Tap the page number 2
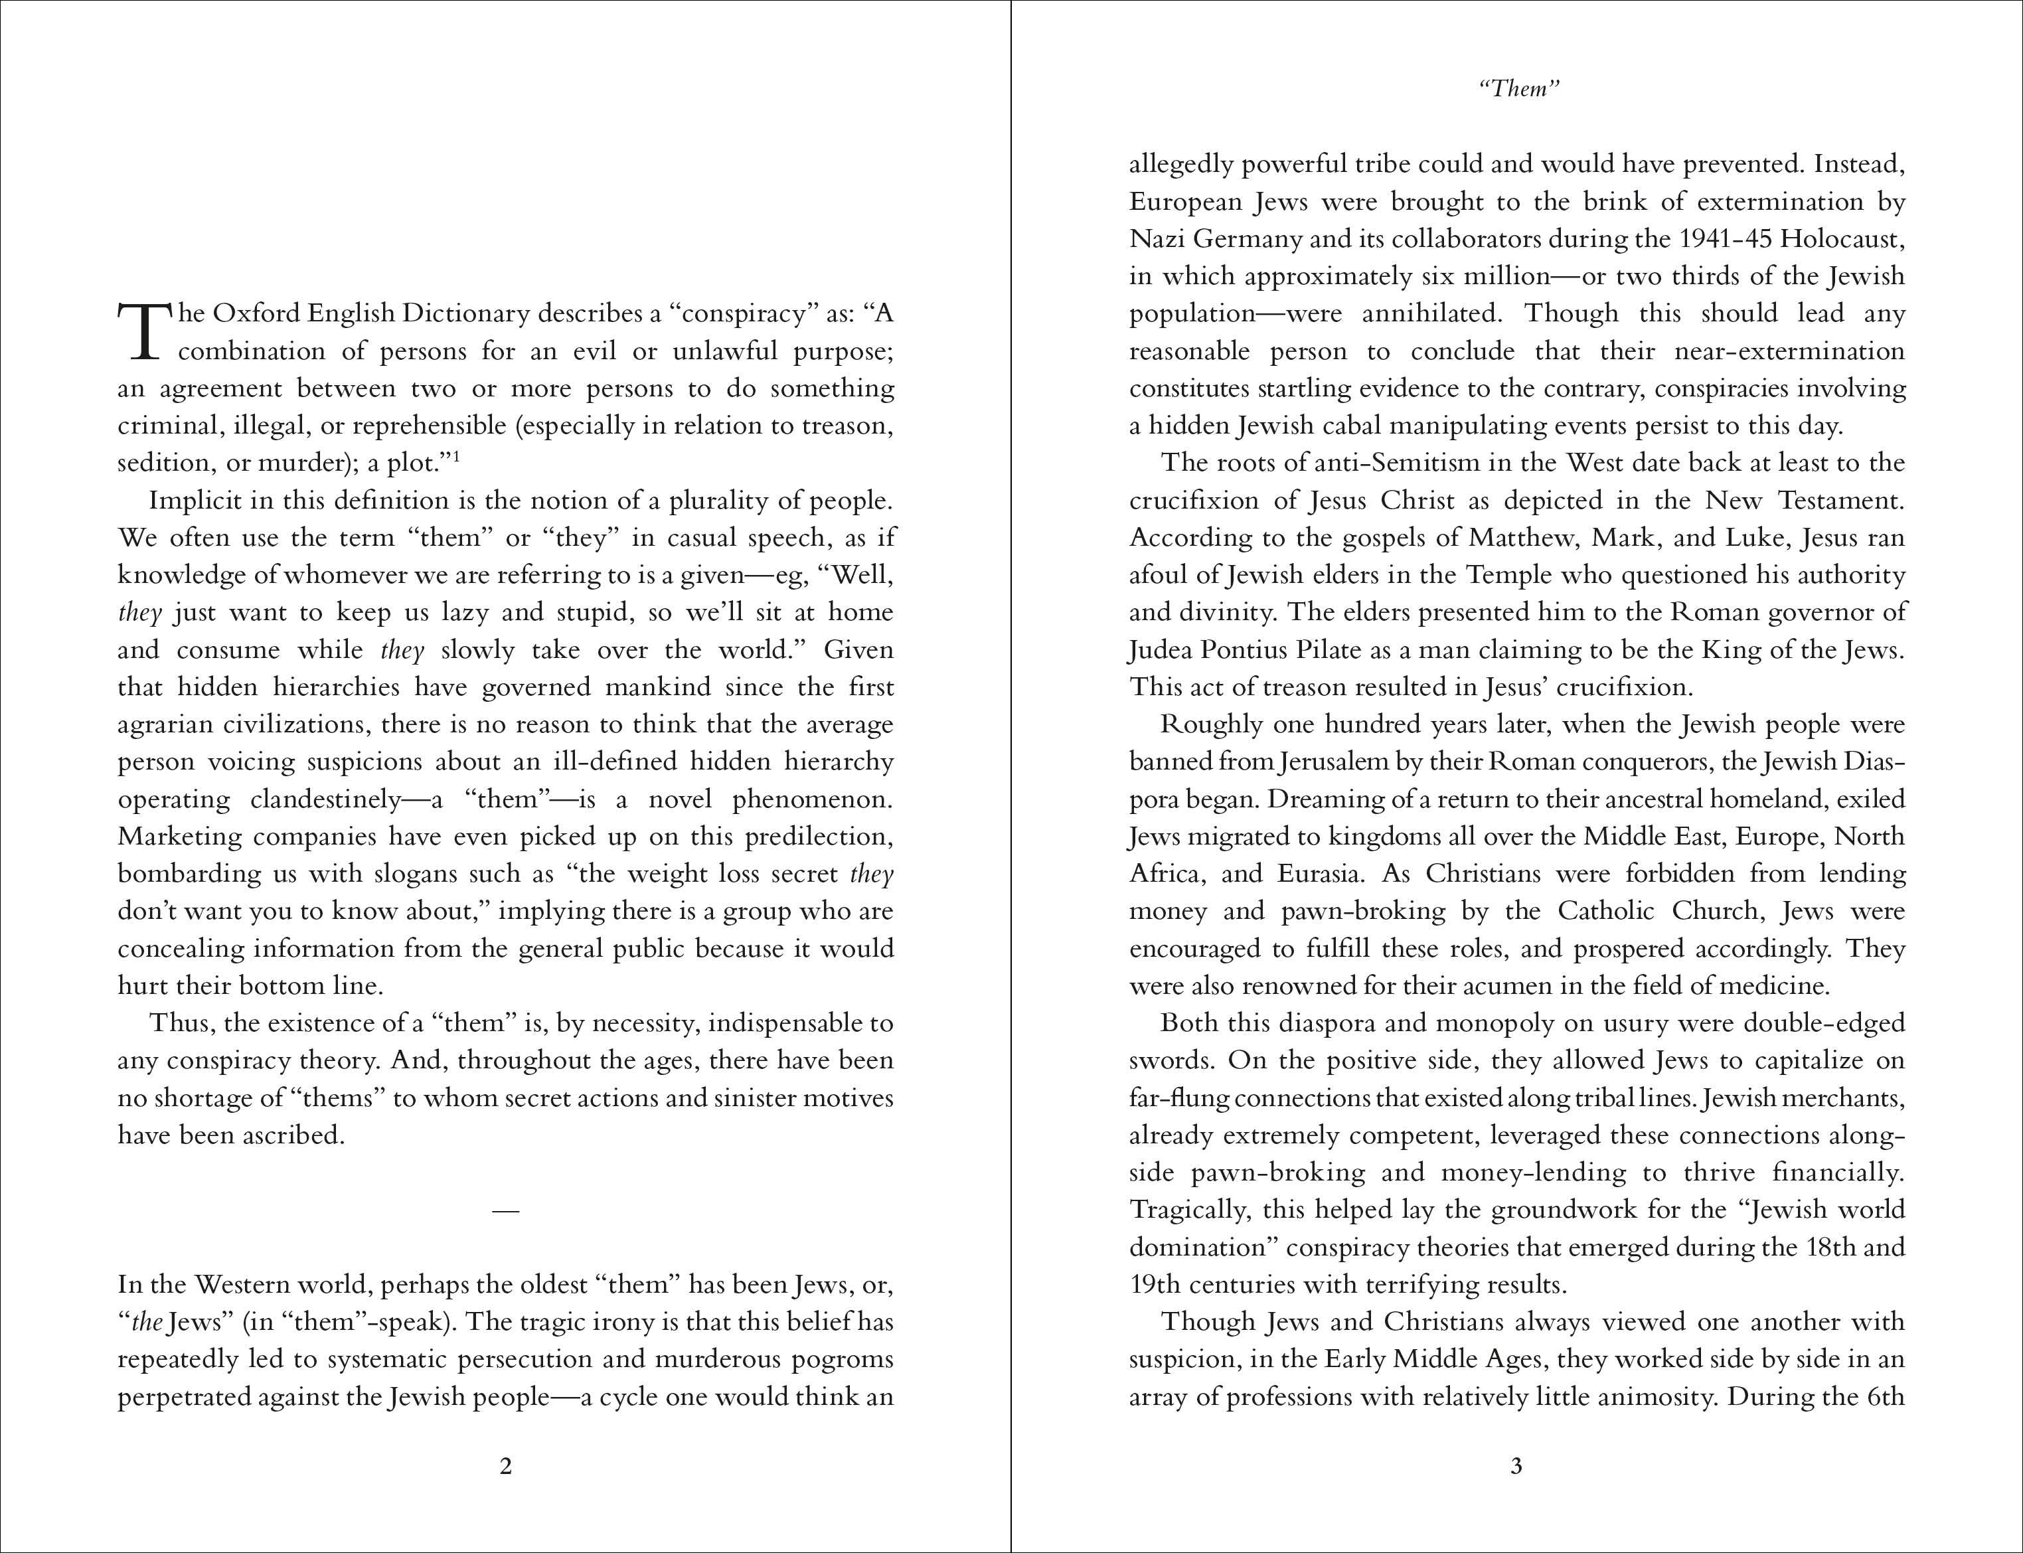point(505,1466)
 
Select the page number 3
point(1516,1466)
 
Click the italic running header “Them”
point(1519,89)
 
